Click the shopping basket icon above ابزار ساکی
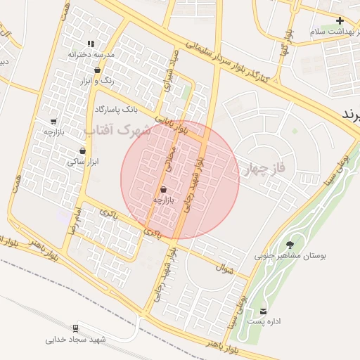pos(83,150)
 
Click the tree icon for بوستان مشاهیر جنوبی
pos(290,245)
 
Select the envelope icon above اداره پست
pos(264,311)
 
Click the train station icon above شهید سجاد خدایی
pos(75,328)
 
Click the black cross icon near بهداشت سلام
pos(340,21)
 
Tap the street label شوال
pos(226,266)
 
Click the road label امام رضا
pos(72,221)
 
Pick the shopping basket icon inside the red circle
pos(164,189)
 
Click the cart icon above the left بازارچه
pos(53,121)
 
